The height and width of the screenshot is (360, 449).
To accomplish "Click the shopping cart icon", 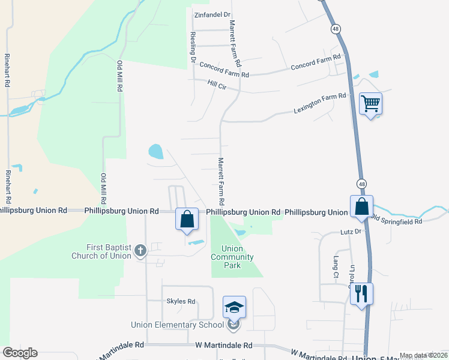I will [370, 104].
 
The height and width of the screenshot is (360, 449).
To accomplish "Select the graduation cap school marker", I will [234, 308].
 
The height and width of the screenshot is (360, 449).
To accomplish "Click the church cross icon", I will [140, 250].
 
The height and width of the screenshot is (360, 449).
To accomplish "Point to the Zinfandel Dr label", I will [212, 14].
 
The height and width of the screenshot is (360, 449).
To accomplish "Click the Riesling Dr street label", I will [193, 47].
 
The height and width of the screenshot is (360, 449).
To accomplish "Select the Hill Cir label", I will [217, 86].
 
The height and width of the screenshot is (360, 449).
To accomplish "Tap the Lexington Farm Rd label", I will [320, 103].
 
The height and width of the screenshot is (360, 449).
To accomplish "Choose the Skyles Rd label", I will [181, 301].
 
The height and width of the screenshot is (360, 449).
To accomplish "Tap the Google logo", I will [20, 352].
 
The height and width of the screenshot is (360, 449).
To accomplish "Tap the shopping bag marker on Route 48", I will [362, 207].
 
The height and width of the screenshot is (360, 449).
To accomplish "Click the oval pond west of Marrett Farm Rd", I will [155, 151].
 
